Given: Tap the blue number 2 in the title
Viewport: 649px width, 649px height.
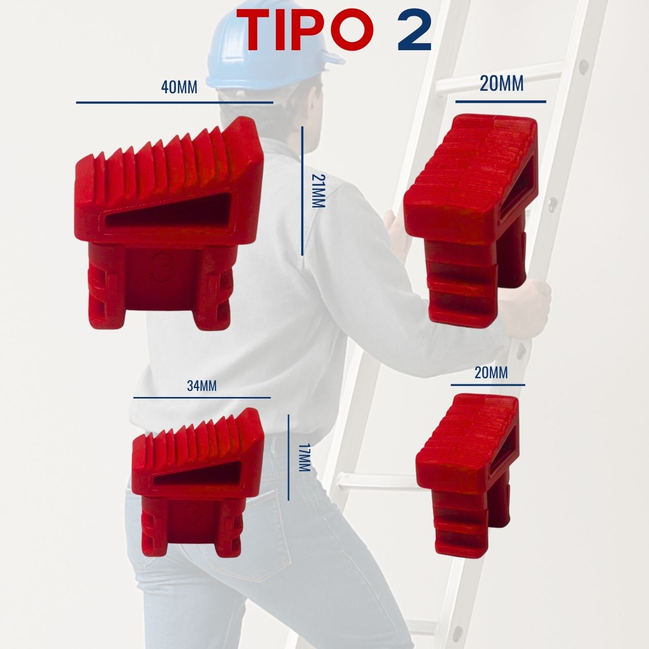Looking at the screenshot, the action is [415, 29].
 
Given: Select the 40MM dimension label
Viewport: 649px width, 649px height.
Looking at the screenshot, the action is [179, 88].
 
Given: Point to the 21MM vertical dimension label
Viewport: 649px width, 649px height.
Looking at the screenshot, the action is [318, 191].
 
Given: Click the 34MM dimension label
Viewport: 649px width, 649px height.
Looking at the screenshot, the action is [202, 386].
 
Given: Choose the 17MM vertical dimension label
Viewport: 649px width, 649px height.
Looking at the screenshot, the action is [304, 457].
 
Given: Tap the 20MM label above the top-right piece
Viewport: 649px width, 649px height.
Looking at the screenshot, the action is [501, 84].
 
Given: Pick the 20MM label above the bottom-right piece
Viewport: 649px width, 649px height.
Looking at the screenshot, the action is [491, 373].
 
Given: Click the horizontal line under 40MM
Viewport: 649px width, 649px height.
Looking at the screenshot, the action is [174, 102].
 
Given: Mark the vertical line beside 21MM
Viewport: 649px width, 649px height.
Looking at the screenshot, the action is [302, 191].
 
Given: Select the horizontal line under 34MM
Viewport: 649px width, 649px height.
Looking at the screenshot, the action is [202, 398].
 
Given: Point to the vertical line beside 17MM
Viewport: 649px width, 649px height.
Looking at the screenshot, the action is [289, 457].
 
